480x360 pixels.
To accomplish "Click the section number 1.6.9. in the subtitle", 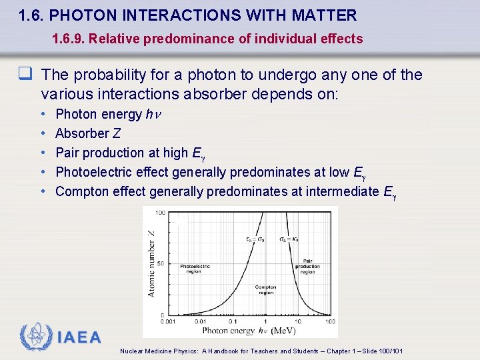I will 69,39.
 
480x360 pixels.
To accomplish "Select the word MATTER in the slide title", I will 327,15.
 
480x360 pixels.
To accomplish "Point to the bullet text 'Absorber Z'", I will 87,133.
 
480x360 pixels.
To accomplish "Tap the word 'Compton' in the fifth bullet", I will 79,191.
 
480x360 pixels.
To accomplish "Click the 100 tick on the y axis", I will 161,213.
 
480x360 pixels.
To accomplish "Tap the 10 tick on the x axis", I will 298,321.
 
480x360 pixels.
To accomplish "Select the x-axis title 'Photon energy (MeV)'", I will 248,330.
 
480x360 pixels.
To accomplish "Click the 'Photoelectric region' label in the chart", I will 195,269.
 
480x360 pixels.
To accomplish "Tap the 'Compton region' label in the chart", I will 265,290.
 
